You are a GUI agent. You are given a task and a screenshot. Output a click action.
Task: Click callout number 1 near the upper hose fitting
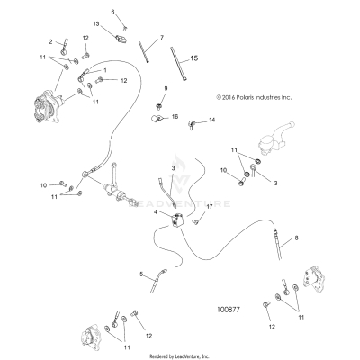pyautogui.click(x=105, y=70)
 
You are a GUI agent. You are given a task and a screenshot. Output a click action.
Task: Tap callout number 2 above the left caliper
pyautogui.click(x=51, y=41)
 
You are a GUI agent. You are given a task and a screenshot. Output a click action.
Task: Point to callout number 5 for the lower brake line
pyautogui.click(x=140, y=276)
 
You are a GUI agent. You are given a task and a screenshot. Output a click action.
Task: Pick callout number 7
pyautogui.click(x=162, y=38)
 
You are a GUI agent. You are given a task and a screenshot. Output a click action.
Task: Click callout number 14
pyautogui.click(x=213, y=120)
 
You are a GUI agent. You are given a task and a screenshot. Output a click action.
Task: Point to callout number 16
pyautogui.click(x=175, y=117)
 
